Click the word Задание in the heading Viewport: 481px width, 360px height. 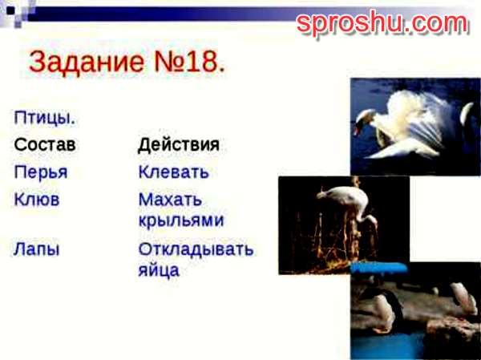pos(87,62)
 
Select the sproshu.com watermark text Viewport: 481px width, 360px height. pos(382,22)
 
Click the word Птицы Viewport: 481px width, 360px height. pos(44,118)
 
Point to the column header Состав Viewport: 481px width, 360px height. pos(45,144)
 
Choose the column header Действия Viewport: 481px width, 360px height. pos(179,144)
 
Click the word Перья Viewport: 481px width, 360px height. pos(41,172)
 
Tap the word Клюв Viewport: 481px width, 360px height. pos(37,200)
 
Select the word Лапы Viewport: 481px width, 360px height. pos(36,249)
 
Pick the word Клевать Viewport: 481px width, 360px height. pos(174,172)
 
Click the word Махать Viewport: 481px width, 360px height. pos(170,200)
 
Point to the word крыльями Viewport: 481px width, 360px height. pos(181,220)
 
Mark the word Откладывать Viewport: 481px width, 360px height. pos(196,249)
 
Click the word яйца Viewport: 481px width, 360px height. pos(159,270)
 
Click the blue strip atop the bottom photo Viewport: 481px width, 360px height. pos(379,268)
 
